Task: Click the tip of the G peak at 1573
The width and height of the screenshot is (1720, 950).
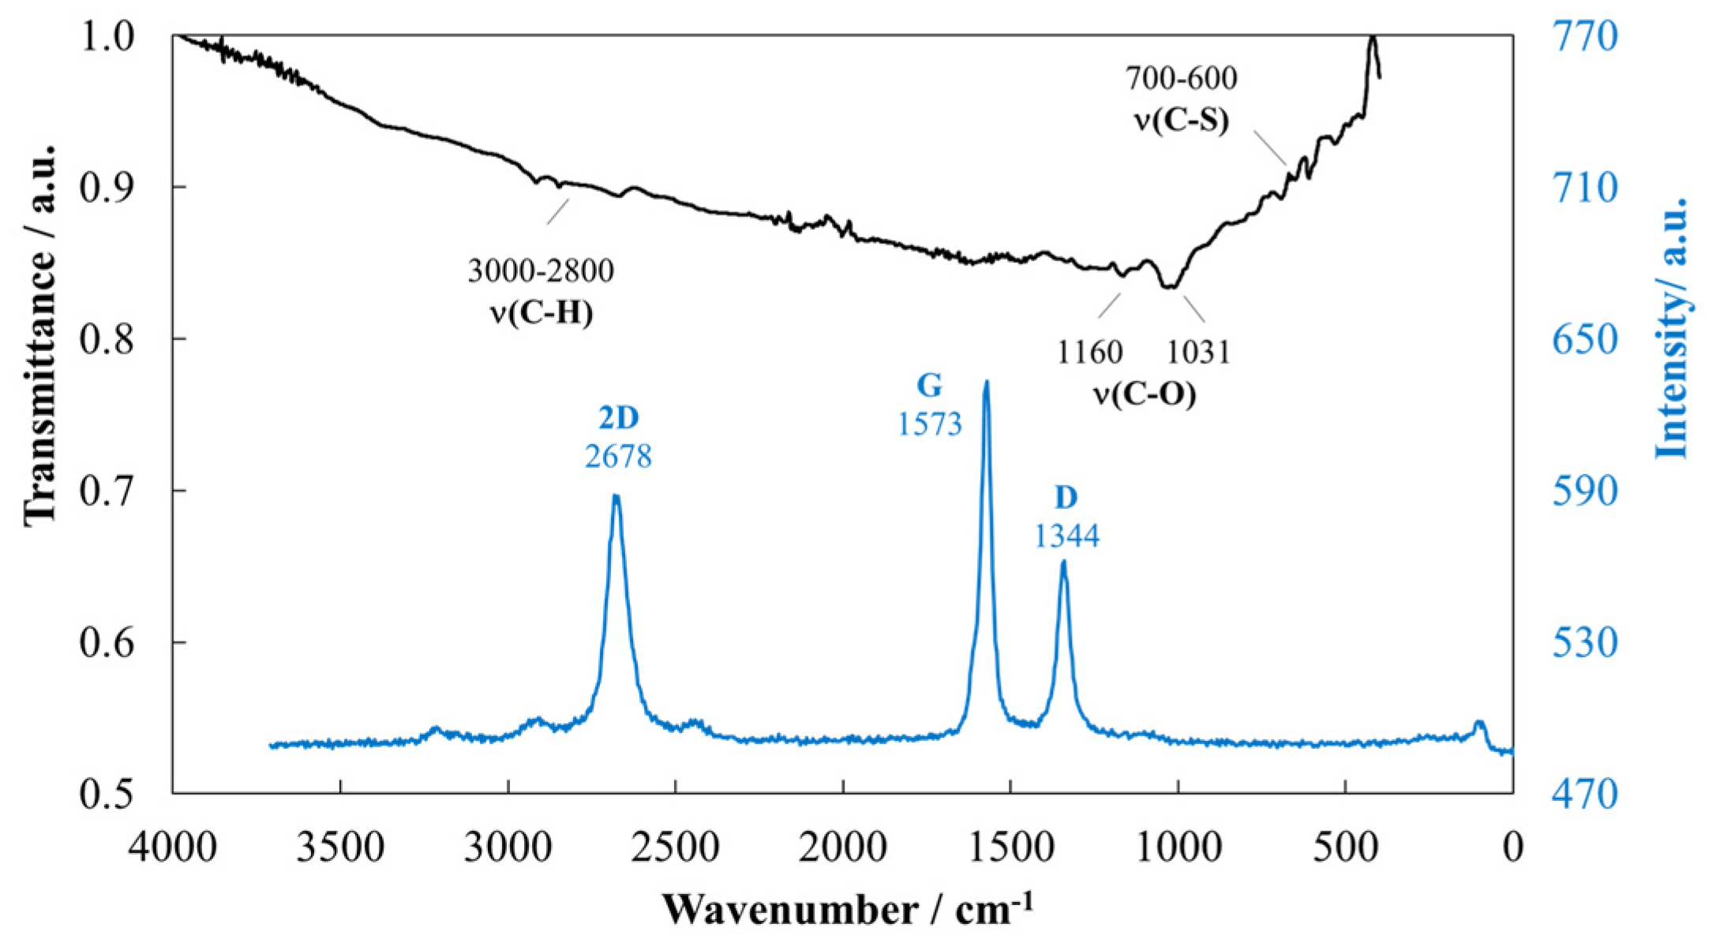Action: (x=986, y=383)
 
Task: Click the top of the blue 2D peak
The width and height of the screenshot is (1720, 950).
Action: (x=616, y=496)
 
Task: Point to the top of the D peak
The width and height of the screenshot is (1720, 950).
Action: (x=1063, y=562)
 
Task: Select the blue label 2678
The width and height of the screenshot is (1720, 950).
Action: (x=618, y=457)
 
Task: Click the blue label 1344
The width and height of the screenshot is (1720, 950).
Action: (x=1066, y=537)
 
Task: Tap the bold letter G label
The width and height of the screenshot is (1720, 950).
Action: (x=929, y=386)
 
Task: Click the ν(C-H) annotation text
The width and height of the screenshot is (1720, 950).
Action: (x=541, y=313)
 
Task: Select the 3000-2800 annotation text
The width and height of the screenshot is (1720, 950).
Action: (x=541, y=271)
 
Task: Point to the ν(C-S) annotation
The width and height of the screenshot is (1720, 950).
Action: (x=1181, y=120)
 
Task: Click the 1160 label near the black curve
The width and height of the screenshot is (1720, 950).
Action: (x=1089, y=352)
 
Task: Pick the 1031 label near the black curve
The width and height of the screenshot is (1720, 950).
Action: (x=1198, y=352)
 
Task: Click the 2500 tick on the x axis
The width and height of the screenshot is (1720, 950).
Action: (x=676, y=848)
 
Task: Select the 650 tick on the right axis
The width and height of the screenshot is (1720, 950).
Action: (x=1584, y=340)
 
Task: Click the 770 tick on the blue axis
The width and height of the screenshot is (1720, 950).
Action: (x=1584, y=36)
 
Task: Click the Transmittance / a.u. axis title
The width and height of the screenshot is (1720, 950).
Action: (x=41, y=335)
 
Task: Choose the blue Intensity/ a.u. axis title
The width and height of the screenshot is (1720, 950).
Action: (x=1671, y=327)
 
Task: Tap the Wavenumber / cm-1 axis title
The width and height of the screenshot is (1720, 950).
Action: (x=847, y=910)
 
